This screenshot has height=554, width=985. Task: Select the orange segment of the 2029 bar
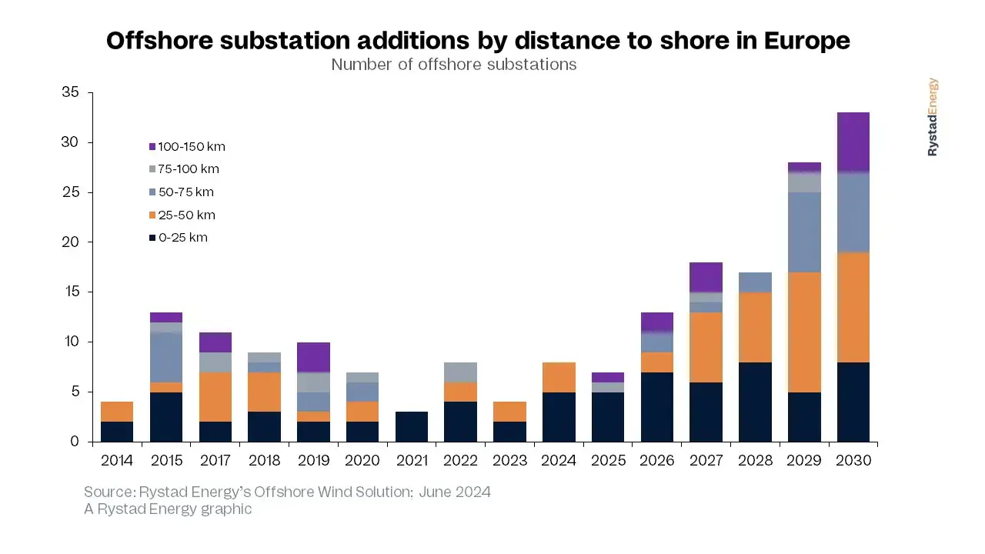[804, 332]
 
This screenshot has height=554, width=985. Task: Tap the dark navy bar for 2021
[412, 426]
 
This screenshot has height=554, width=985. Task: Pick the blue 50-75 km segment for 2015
[166, 357]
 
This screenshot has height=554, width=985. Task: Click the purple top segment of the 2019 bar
[313, 357]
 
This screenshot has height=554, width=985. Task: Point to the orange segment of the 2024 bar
[559, 377]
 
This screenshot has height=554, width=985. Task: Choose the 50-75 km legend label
[185, 192]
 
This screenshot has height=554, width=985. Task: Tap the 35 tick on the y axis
[71, 93]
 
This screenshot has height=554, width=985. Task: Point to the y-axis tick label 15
[72, 292]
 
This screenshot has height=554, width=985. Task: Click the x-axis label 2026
[656, 460]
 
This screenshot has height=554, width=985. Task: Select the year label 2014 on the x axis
[117, 460]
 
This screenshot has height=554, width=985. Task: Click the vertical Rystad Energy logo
[933, 117]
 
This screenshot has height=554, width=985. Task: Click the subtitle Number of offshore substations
[454, 65]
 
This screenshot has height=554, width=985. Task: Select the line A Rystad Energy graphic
[168, 509]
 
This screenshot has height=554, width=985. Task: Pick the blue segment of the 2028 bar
[755, 282]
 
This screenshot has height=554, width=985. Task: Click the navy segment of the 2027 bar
[706, 412]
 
